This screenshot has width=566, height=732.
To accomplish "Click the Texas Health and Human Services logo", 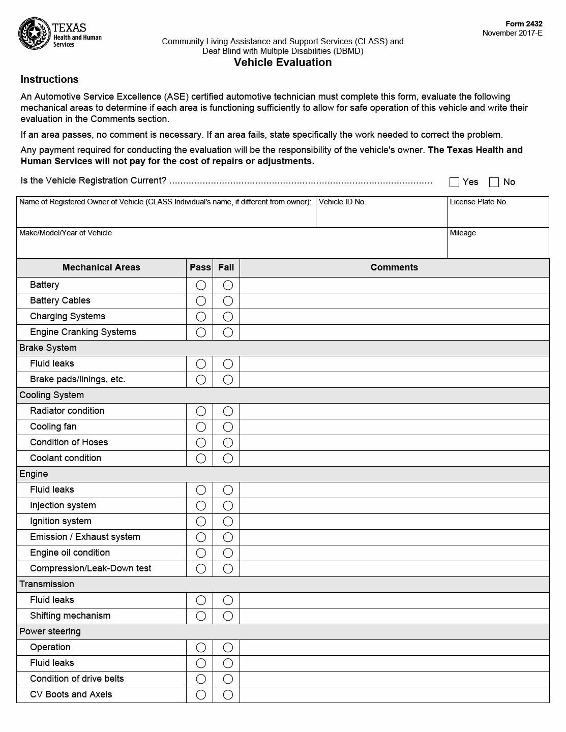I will pos(60,34).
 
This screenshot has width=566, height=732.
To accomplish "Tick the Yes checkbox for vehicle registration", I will pos(455,182).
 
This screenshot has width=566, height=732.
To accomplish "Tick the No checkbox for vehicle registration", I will pos(494,182).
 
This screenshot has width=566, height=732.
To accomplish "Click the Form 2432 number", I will pos(524,24).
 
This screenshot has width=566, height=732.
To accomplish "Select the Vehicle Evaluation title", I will pos(283,63).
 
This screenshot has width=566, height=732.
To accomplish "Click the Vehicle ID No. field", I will pos(381,215).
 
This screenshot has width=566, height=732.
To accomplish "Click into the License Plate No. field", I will pos(497,215).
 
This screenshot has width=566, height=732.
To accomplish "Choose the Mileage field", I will pos(497,246).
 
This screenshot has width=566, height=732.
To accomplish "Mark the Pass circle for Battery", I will pos(201,285).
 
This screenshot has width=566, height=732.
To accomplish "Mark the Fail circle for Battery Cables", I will pos(228,301).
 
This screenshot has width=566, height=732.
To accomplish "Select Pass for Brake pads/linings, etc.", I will pos(201,380).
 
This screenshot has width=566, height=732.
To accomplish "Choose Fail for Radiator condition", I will pos(228,411).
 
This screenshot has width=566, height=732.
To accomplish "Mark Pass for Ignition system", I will pos(201,522).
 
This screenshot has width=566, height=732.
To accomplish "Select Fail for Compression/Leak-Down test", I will pos(228,569).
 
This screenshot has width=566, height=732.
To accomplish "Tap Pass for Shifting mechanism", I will pos(201,616).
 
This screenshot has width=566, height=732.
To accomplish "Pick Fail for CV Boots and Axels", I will pos(228,695).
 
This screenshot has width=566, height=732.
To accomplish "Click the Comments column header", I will pos(394,267).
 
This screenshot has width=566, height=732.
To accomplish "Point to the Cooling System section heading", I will pos(51,395).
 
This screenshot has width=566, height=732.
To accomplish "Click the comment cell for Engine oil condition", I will pos(394,553).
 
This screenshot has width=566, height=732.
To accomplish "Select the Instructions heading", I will pos(49,79).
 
